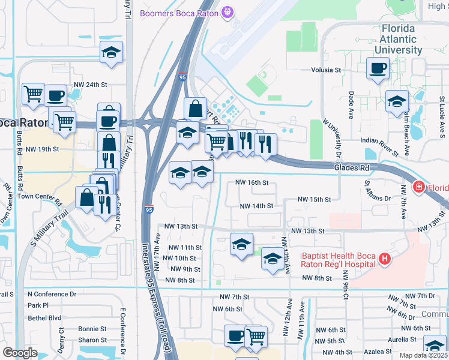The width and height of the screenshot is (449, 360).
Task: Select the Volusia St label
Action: [x=326, y=70]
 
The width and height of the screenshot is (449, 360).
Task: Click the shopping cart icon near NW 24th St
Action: [x=33, y=93]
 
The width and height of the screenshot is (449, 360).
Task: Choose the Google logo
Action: [x=20, y=352]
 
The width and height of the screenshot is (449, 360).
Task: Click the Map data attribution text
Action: [x=424, y=355]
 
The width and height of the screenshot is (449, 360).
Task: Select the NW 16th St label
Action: [x=252, y=182]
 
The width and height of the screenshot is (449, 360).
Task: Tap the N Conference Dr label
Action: [x=52, y=294]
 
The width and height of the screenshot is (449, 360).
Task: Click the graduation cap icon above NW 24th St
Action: [x=111, y=53]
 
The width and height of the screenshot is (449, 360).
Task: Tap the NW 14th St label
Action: [x=256, y=206]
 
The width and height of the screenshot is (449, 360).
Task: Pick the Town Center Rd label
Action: [x=40, y=196]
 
